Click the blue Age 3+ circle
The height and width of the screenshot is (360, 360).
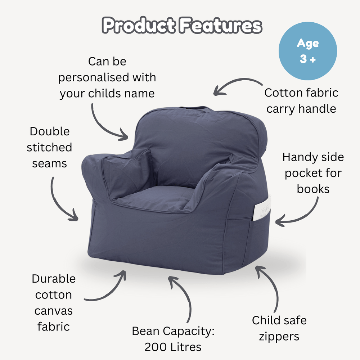(308, 51)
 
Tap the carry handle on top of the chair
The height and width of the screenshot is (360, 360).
(194, 108)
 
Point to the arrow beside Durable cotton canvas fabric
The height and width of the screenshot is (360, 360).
(108, 288)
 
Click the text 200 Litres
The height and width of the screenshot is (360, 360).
(173, 347)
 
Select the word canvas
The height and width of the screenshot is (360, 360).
(54, 310)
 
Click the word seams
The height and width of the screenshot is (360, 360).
(49, 163)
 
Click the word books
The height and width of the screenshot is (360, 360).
(313, 189)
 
